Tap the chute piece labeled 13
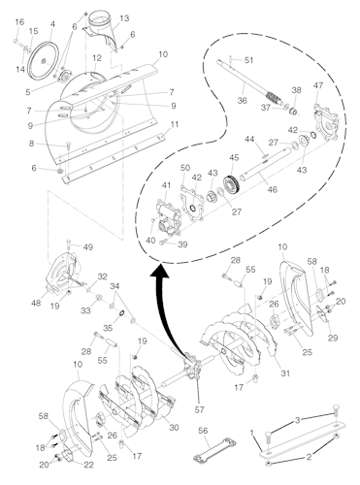pos(100,27)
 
